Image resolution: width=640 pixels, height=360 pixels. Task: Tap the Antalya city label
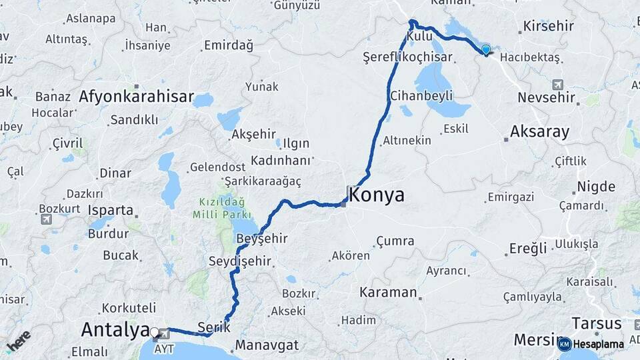pyautogui.click(x=115, y=329)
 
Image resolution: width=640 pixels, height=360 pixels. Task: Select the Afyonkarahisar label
pyautogui.click(x=136, y=97)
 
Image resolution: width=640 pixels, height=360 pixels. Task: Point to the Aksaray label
pyautogui.click(x=539, y=132)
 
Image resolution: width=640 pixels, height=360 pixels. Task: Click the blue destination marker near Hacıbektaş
pyautogui.click(x=486, y=50)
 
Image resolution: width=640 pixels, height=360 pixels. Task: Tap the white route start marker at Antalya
pyautogui.click(x=155, y=332)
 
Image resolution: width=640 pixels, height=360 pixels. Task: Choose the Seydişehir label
pyautogui.click(x=240, y=261)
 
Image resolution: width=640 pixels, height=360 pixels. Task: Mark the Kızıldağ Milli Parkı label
pyautogui.click(x=221, y=208)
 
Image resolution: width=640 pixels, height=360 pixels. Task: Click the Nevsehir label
pyautogui.click(x=546, y=98)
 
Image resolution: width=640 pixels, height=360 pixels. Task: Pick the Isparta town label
pyautogui.click(x=111, y=210)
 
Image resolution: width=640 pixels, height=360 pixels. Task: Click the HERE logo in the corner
pyautogui.click(x=19, y=341)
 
